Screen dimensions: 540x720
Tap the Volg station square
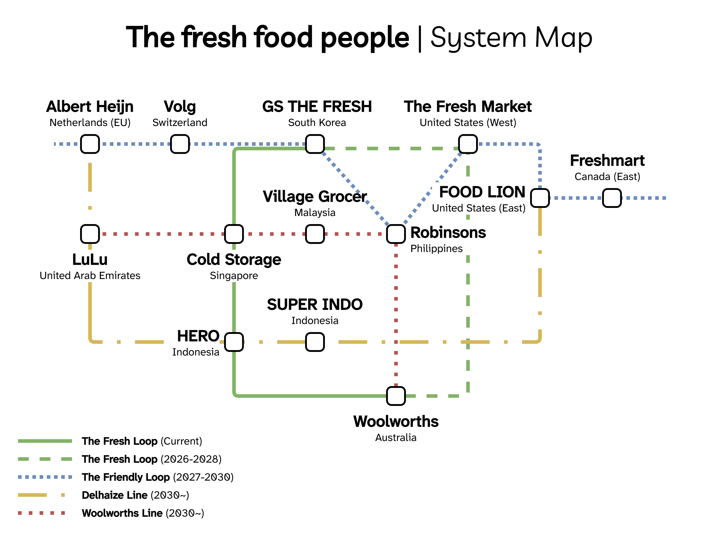tap(180, 144)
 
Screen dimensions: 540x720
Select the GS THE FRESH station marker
tap(315, 144)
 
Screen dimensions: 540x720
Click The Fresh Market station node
tap(468, 144)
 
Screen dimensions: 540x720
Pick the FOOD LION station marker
tap(540, 198)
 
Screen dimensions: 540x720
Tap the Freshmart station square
tap(612, 198)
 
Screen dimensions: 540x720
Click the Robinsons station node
tap(396, 234)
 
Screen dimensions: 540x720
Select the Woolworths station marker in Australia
tap(396, 396)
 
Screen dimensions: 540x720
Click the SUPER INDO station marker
tap(315, 342)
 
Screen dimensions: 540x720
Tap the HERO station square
tap(234, 342)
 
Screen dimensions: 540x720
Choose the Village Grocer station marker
tap(315, 234)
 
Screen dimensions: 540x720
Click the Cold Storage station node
tap(234, 234)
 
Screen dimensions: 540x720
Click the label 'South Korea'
tap(317, 123)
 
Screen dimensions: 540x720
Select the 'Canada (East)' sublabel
tap(607, 177)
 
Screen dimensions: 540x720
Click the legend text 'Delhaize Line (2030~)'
tap(135, 495)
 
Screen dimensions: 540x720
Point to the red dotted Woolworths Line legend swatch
tap(41, 513)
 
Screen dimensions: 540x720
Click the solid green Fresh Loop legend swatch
tap(45, 441)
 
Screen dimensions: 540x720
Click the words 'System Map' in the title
tap(511, 37)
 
